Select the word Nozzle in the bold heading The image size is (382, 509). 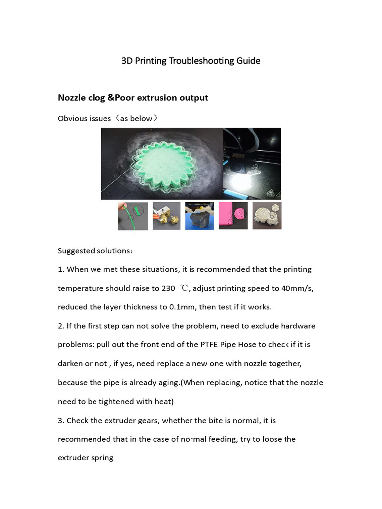pos(72,97)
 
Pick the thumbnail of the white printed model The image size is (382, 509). pos(267,216)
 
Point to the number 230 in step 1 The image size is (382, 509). pos(168,288)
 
